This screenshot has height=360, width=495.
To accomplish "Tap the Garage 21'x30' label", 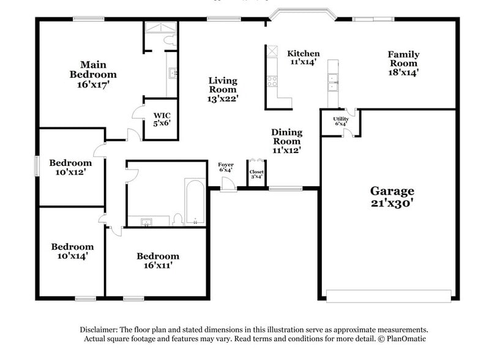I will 392,197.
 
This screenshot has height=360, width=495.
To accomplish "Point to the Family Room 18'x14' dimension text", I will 403,72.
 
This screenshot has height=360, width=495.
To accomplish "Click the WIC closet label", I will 162,118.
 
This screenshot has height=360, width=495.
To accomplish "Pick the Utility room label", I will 341,120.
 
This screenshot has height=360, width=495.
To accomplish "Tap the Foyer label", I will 226,168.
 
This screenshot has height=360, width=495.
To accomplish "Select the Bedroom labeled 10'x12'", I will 70,167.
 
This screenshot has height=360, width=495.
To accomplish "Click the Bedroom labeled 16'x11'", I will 158,260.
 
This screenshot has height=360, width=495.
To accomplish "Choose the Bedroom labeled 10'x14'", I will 72,251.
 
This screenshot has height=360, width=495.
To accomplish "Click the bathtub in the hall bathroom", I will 196,203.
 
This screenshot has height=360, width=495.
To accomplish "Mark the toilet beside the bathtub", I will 177,219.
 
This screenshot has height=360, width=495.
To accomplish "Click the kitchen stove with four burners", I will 271,80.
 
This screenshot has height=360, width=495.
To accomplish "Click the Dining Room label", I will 286,140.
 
